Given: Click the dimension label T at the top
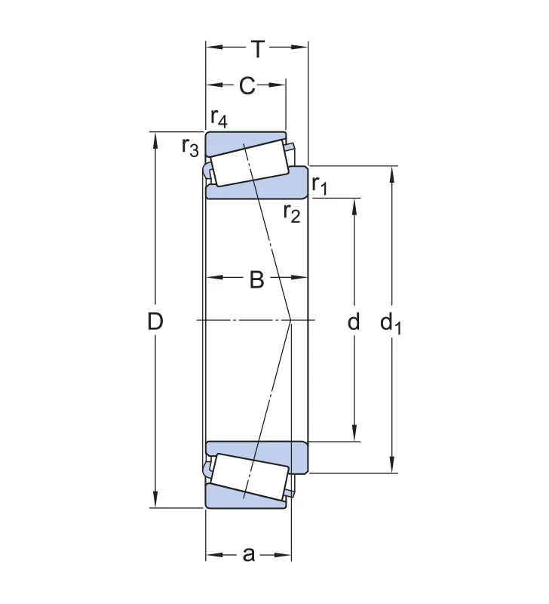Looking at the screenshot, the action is pos(258,49).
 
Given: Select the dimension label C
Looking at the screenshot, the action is pos(247,85).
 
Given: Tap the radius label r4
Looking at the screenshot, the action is pos(219,118).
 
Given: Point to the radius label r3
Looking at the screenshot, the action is pos(191,147).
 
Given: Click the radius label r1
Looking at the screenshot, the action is pos(319,185).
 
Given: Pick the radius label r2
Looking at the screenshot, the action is pos(292,213).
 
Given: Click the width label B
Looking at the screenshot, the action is pos(256,279).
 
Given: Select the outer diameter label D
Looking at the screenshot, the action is pos(155,321).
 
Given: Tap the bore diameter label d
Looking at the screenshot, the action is pos(354,321).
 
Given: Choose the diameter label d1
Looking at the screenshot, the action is pos(391,323).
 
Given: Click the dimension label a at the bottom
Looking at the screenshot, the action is pos(249,555).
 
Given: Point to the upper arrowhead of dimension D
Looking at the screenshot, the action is pos(155,140).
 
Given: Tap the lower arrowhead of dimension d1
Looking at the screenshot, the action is pos(391,465).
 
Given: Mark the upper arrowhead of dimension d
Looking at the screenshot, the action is pos(354,206).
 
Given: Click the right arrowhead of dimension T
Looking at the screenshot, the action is pos(300,48).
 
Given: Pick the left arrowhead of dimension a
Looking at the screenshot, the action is pos(213,555).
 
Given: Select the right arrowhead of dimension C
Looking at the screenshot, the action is pos(278,85).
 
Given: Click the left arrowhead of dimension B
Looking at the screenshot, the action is pos(214,277).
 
